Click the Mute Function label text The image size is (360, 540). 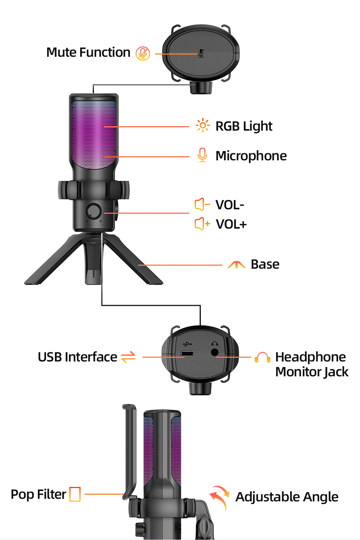pos(88,53)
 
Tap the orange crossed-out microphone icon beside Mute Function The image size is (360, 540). pos(143,53)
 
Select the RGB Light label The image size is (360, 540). pos(244,126)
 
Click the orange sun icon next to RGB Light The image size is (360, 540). pos(202,125)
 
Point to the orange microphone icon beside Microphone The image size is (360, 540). pos(202,155)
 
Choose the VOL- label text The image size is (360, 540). pos(230,205)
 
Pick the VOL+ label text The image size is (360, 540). pos(231,224)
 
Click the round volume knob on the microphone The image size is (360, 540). pos(94,211)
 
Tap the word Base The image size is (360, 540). pos(265,264)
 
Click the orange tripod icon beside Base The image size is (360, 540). pos(236,264)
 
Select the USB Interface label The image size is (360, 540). pos(78,357)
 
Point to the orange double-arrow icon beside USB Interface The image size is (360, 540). pos(128,357)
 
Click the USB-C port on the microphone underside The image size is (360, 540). pos(187,353)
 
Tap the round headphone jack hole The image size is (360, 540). pos(215,352)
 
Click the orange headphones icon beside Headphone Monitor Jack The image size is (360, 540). pos(262,357)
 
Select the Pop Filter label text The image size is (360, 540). pos(38,494)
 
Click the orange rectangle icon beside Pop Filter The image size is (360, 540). pos(75,494)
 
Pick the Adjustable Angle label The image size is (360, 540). pos(287,497)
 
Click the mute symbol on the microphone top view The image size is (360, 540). pos(201,53)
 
